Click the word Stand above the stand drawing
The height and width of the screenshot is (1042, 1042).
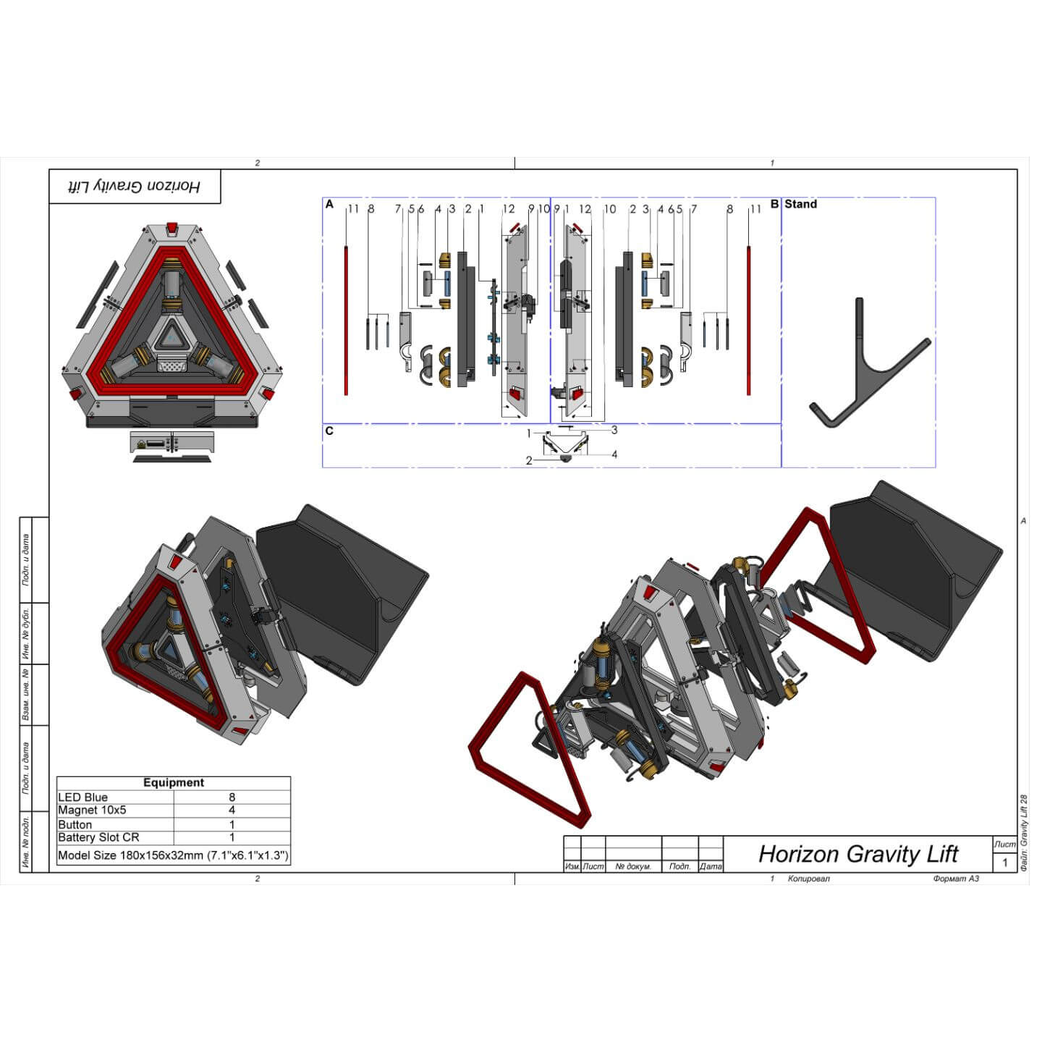pyautogui.click(x=800, y=204)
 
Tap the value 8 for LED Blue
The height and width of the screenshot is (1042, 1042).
pyautogui.click(x=232, y=797)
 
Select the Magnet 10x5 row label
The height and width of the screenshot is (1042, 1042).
pyautogui.click(x=92, y=810)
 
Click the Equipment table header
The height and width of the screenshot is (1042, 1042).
pyautogui.click(x=174, y=783)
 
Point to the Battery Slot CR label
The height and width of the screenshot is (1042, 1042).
pyautogui.click(x=98, y=837)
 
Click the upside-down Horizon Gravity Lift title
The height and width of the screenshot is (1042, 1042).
pyautogui.click(x=135, y=187)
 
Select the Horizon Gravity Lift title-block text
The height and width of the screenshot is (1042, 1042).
pyautogui.click(x=858, y=854)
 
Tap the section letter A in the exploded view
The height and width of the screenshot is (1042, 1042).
pyautogui.click(x=330, y=205)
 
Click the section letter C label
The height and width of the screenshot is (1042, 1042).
pyautogui.click(x=330, y=431)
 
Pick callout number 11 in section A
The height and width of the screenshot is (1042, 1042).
pyautogui.click(x=353, y=209)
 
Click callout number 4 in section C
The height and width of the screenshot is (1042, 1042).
pyautogui.click(x=614, y=454)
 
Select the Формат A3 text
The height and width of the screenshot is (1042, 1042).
pyautogui.click(x=956, y=878)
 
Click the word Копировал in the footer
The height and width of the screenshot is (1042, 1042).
pyautogui.click(x=808, y=878)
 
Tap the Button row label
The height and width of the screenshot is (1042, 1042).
pyautogui.click(x=75, y=824)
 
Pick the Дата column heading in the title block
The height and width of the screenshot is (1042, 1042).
pyautogui.click(x=711, y=866)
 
